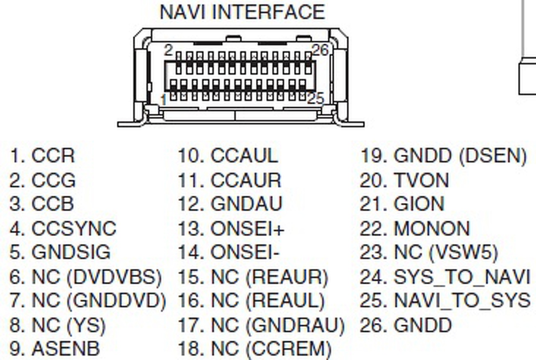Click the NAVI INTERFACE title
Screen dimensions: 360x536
(x=242, y=12)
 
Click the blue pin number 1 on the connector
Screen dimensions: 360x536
(x=164, y=100)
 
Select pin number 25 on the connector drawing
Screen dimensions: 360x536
(x=316, y=99)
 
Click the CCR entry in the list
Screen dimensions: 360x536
(x=53, y=156)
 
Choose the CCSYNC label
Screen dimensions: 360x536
(x=74, y=229)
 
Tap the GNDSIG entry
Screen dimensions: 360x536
(x=71, y=252)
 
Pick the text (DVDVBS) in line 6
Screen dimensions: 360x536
(x=114, y=277)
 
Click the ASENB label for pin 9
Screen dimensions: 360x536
(x=66, y=349)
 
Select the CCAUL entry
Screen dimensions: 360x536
(x=244, y=156)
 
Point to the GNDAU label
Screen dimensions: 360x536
(x=247, y=204)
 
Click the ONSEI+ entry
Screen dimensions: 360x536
(x=247, y=229)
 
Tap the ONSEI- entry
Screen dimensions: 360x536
(x=245, y=252)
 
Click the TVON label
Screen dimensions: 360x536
(x=421, y=180)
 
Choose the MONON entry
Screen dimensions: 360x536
(x=432, y=229)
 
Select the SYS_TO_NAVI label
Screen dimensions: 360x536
(x=462, y=277)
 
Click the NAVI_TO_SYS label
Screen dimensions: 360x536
(x=462, y=301)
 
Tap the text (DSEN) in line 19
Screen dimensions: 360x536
(x=492, y=156)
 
